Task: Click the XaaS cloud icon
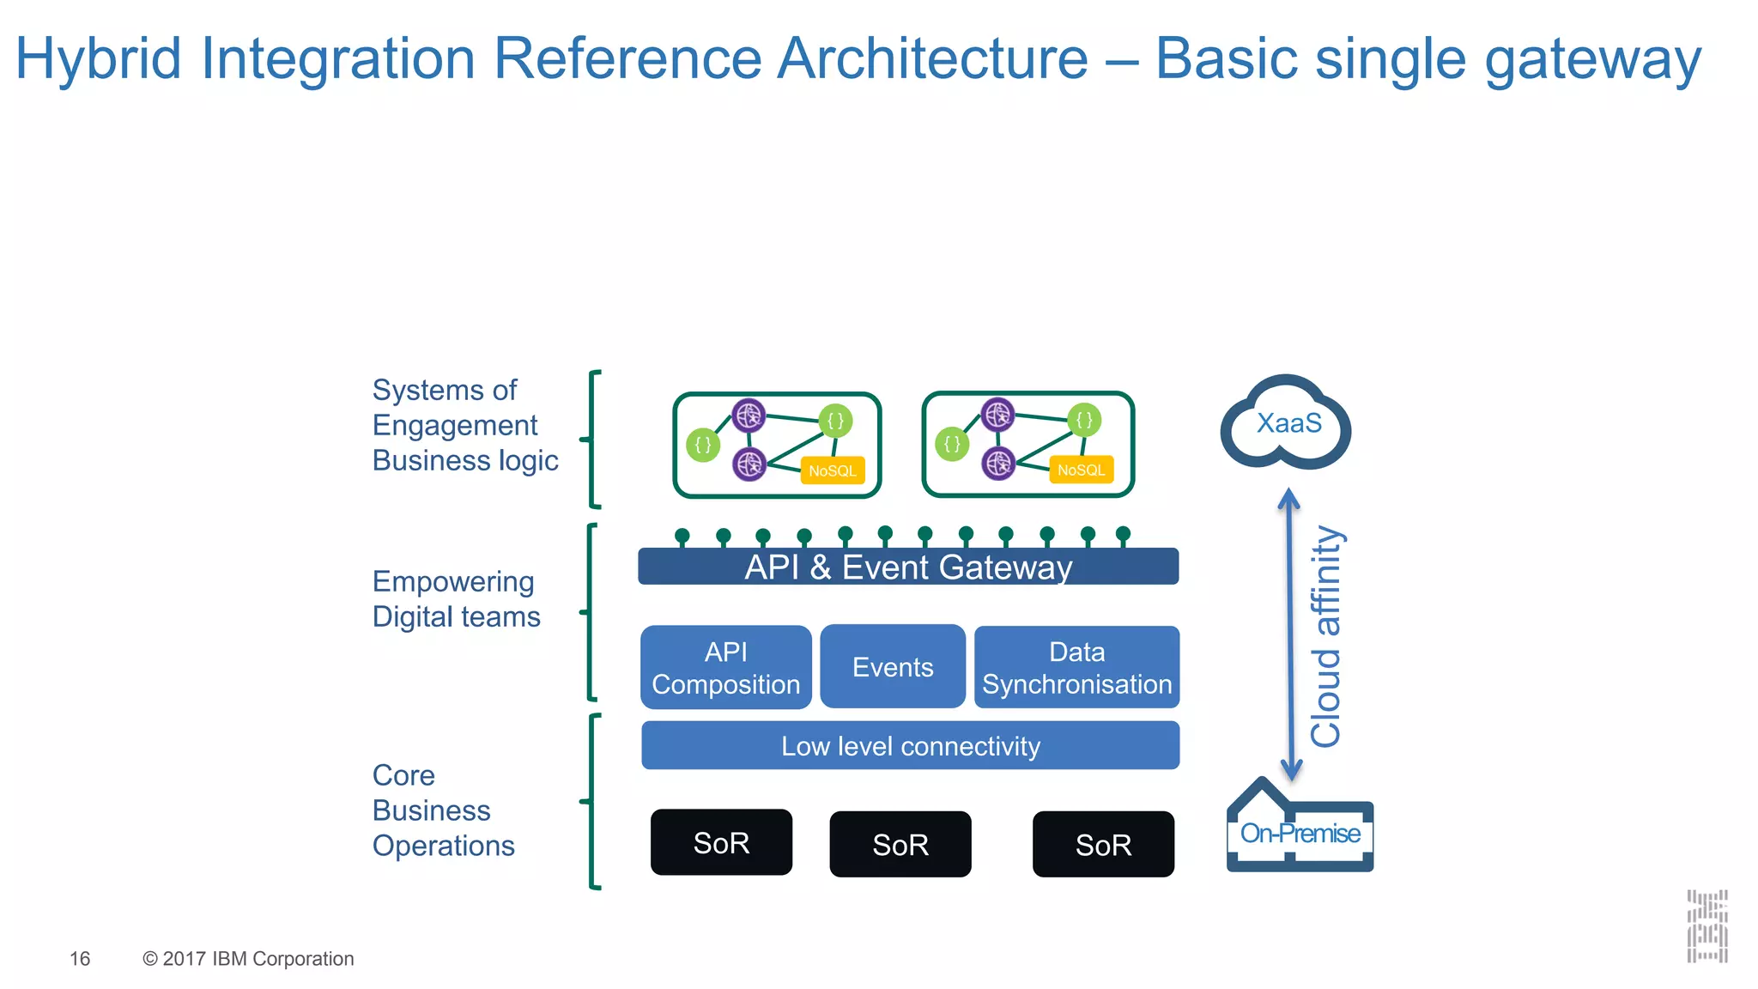(1286, 423)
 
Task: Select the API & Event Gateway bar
(908, 567)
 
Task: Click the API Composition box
(725, 668)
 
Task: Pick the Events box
(892, 667)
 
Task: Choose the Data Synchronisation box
(1076, 668)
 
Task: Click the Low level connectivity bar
(910, 746)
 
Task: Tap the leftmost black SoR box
(721, 843)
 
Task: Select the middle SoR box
(900, 845)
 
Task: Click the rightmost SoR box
(1103, 845)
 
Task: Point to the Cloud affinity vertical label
(1326, 636)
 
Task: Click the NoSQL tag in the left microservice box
(832, 471)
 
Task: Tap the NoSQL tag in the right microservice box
(1081, 470)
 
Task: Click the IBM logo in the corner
(1706, 926)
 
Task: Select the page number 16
(80, 959)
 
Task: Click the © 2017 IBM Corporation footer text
(248, 959)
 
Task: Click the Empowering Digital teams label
(456, 599)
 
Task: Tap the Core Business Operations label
(443, 810)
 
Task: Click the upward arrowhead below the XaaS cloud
(1288, 498)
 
